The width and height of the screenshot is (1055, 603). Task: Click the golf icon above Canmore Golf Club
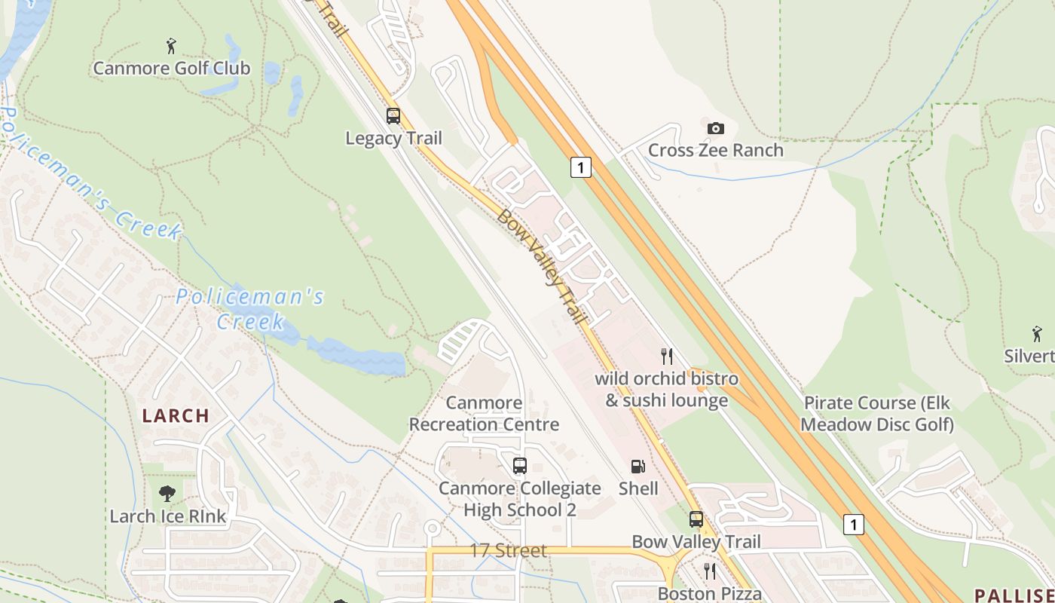click(x=172, y=46)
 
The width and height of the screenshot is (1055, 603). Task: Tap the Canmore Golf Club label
click(x=172, y=69)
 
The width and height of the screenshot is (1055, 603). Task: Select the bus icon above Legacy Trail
click(x=393, y=116)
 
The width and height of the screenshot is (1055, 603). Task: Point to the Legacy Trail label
click(x=393, y=139)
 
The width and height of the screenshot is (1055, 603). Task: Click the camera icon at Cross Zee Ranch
click(x=715, y=128)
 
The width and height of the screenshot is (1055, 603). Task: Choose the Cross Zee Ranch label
click(x=715, y=150)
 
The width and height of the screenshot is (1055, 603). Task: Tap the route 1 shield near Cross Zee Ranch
click(x=580, y=167)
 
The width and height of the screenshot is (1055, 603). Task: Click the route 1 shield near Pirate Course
click(x=853, y=524)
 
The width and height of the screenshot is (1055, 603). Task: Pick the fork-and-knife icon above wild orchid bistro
click(x=666, y=356)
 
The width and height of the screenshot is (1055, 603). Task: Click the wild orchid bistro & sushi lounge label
click(x=666, y=389)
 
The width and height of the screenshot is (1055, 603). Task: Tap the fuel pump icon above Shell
click(x=638, y=467)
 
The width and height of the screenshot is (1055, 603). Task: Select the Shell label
click(x=638, y=488)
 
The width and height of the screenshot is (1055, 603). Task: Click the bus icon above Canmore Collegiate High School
click(x=519, y=466)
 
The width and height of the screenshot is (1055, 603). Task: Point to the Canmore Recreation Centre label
click(x=484, y=414)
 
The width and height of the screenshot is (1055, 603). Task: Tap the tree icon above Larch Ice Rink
click(x=167, y=494)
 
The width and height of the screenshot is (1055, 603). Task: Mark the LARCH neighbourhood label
click(x=176, y=415)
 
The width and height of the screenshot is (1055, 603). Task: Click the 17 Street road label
click(x=508, y=551)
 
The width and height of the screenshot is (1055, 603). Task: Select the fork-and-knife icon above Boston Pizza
click(x=709, y=571)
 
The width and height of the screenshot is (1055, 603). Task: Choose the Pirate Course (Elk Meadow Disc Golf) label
click(x=877, y=414)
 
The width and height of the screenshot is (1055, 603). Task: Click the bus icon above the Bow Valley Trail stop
click(x=696, y=519)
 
